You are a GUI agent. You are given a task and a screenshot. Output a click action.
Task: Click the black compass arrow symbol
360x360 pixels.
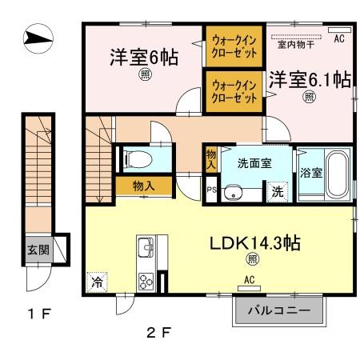pyautogui.click(x=37, y=37)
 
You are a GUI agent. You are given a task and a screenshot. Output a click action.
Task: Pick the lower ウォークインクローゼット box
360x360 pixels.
pyautogui.click(x=234, y=90)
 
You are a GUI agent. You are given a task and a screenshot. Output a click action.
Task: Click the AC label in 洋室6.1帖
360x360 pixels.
pyautogui.click(x=338, y=38)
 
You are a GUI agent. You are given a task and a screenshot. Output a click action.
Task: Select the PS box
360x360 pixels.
pyautogui.click(x=211, y=190)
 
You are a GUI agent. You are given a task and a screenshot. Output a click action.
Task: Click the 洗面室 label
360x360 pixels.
pyautogui.click(x=254, y=162)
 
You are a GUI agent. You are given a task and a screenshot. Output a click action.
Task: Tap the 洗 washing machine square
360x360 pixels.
pyautogui.click(x=276, y=192)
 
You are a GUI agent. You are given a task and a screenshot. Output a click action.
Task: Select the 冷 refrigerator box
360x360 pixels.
pyautogui.click(x=96, y=282)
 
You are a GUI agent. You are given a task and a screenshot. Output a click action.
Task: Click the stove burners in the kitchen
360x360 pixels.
pyautogui.click(x=147, y=281)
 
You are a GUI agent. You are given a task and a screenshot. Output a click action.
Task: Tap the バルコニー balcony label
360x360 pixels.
pyautogui.click(x=280, y=310)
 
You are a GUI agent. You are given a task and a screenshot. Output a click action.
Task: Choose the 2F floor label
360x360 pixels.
pyautogui.click(x=154, y=331)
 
